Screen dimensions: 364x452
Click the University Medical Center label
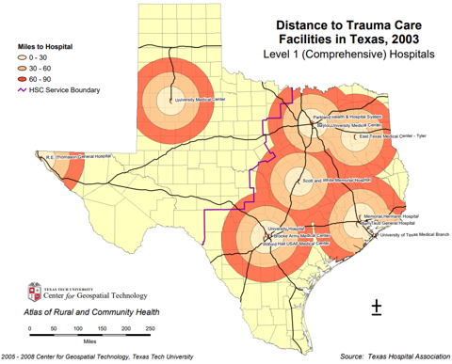click(199, 98)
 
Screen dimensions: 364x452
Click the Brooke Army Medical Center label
click(303, 235)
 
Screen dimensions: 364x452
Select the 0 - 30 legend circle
click(23, 57)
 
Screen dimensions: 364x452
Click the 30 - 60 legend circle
click(23, 68)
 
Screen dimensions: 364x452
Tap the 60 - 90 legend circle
click(23, 79)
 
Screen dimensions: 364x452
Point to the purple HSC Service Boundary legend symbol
click(23, 90)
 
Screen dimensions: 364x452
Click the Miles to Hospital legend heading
click(48, 46)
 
